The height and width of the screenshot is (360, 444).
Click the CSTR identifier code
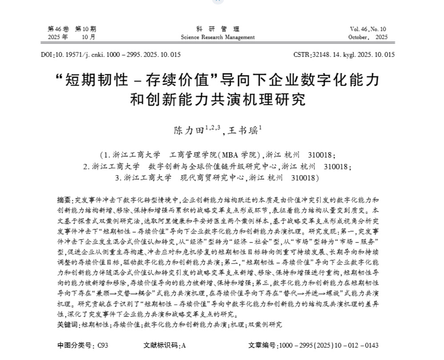point(344,55)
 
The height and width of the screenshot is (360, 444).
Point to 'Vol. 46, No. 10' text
point(367,29)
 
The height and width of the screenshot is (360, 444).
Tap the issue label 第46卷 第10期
point(71,29)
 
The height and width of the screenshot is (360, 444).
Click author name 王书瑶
point(242,130)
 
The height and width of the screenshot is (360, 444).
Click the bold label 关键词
point(68,325)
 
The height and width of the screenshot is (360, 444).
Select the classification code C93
point(103,345)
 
